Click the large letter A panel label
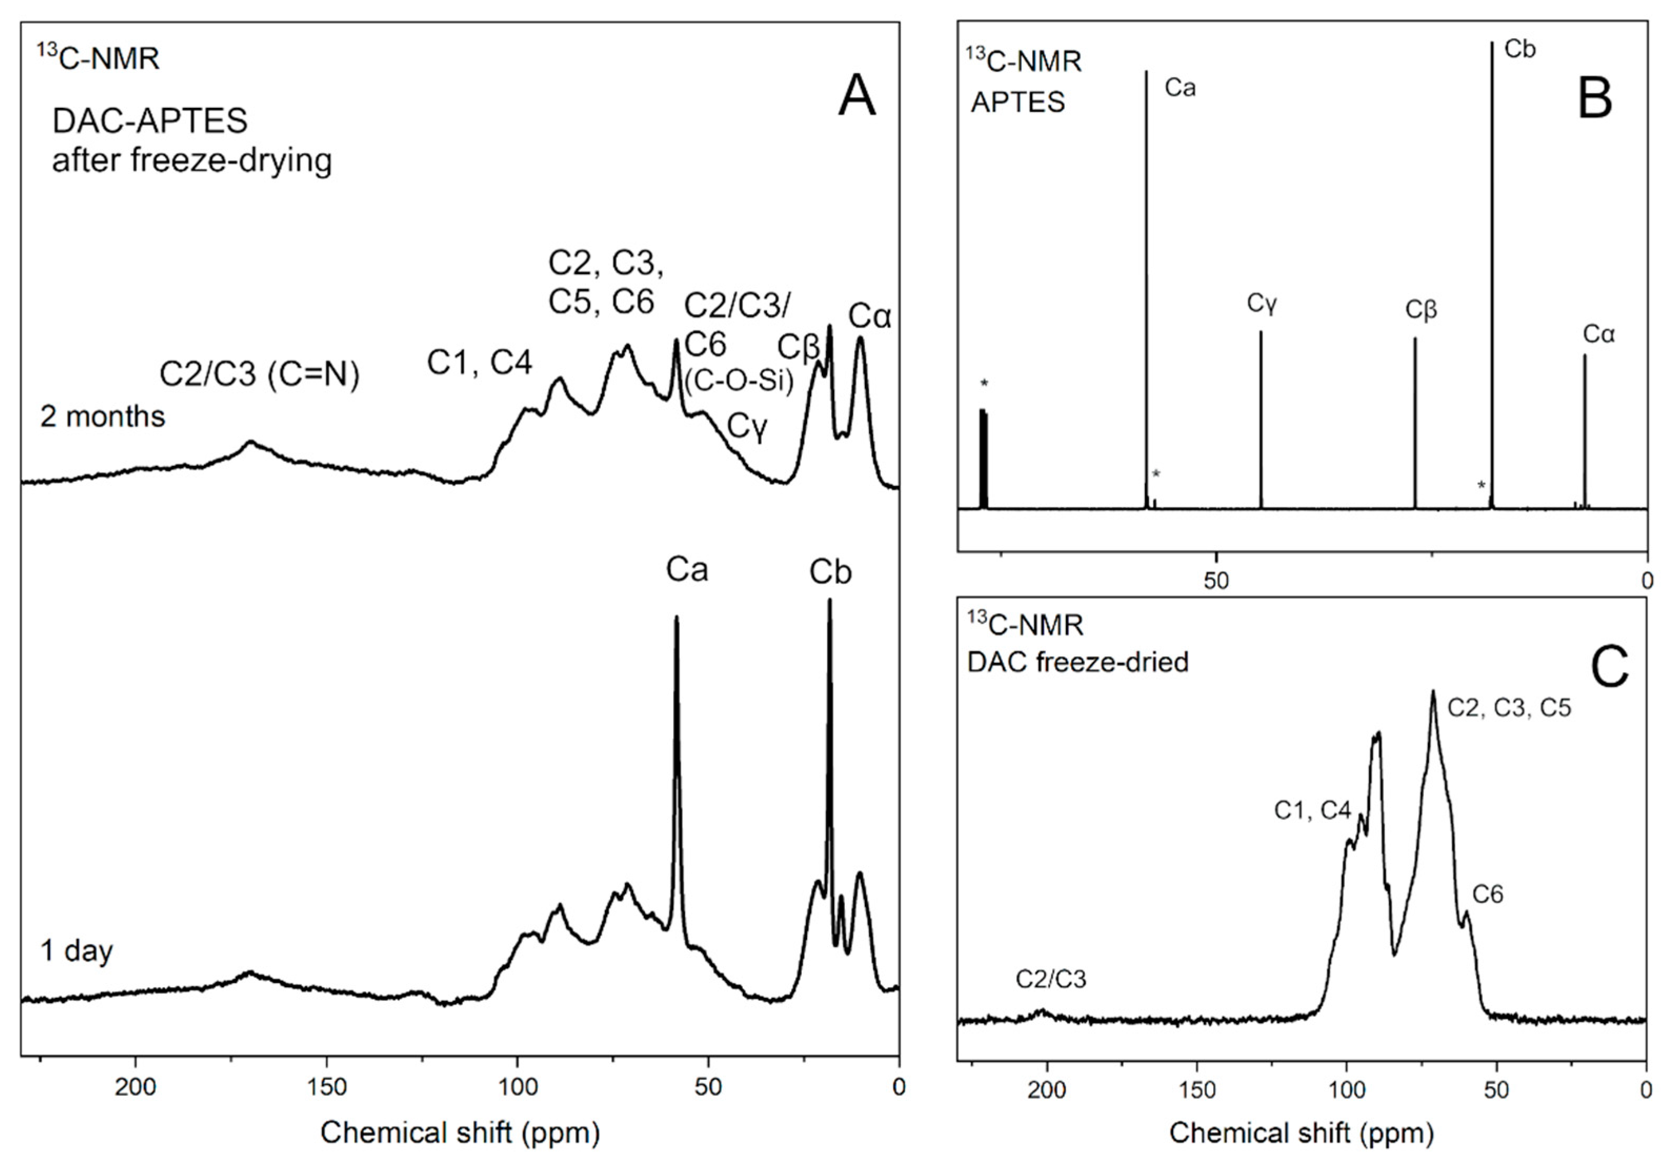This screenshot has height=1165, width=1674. pyautogui.click(x=856, y=96)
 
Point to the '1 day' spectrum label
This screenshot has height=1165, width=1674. pyautogui.click(x=77, y=950)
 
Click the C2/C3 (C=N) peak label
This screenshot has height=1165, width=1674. pyautogui.click(x=259, y=374)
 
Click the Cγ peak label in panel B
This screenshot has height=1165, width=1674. pyautogui.click(x=1262, y=302)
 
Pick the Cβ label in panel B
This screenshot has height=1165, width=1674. pyautogui.click(x=1421, y=310)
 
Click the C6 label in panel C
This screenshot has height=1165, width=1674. pyautogui.click(x=1487, y=894)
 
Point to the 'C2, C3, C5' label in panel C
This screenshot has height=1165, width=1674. pyautogui.click(x=1508, y=707)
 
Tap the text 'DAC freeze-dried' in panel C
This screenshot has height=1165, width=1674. pyautogui.click(x=1077, y=662)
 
